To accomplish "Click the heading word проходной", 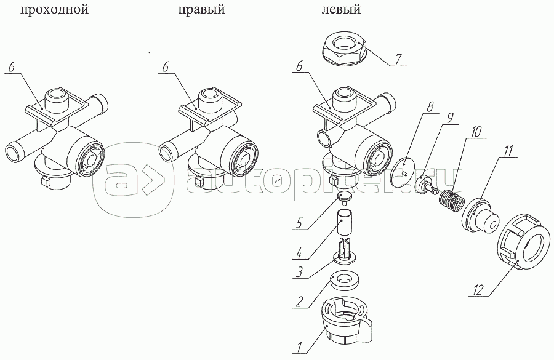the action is click(54, 9).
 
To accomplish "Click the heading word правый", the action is click(201, 9).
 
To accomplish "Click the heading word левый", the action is click(341, 9).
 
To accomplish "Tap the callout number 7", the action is click(398, 59).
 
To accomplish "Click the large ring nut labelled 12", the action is click(524, 241).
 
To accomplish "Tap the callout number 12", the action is click(478, 290).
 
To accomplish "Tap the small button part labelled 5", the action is click(345, 197).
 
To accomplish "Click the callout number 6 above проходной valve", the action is click(12, 67).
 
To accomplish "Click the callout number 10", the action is click(476, 132).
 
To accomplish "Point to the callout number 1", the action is click(299, 346).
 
